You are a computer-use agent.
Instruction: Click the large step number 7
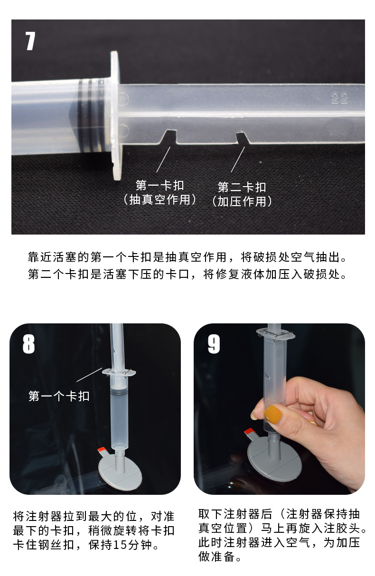(30, 41)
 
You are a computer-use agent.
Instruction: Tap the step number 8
(28, 344)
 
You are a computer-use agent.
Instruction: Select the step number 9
(214, 344)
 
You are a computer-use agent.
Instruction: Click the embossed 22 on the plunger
(339, 98)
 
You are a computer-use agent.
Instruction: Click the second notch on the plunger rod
(242, 138)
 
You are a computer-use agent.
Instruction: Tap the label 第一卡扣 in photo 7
(159, 185)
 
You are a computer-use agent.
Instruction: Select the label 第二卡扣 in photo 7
(242, 187)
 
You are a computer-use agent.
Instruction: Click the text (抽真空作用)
(159, 199)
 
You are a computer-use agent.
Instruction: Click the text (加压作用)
(242, 201)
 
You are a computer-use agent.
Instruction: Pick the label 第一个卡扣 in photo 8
(59, 396)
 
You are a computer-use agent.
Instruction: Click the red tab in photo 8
(101, 450)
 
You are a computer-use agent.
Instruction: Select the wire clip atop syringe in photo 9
(276, 335)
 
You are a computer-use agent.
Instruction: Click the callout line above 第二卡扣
(238, 160)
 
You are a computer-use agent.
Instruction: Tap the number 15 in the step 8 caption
(120, 544)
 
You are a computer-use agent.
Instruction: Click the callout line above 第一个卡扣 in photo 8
(89, 375)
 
